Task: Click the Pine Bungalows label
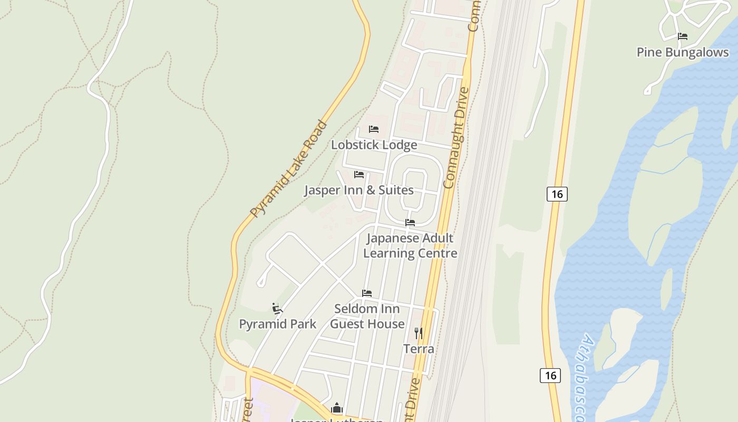[x=683, y=52]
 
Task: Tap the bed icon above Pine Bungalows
[x=683, y=36]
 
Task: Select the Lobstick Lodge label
[x=374, y=145]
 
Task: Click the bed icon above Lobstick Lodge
[x=374, y=129]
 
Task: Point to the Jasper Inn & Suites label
[x=358, y=190]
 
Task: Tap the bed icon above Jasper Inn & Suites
[x=359, y=174]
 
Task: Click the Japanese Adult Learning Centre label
[x=410, y=245]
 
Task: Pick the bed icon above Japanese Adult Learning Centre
[x=410, y=222]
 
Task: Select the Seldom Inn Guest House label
[x=367, y=316]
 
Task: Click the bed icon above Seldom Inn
[x=367, y=293]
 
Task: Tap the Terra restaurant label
[x=419, y=349]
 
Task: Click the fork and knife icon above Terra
[x=419, y=333]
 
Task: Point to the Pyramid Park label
[x=278, y=324]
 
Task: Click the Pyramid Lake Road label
[x=288, y=169]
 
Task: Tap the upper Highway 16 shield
[x=557, y=194]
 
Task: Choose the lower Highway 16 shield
[x=550, y=376]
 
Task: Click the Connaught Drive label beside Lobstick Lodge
[x=457, y=138]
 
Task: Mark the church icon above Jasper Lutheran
[x=337, y=408]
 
